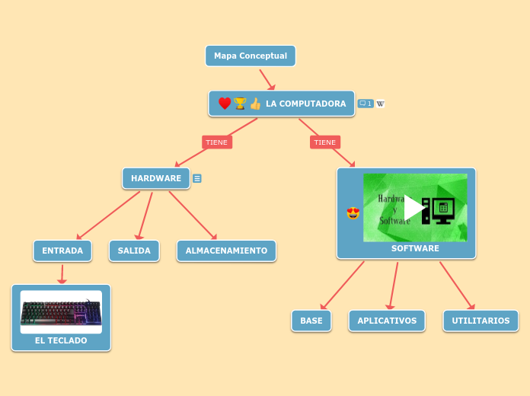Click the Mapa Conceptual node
pos(250,56)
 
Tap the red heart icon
pos(225,104)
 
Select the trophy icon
pos(241,104)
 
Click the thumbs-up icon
pos(255,104)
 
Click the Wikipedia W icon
pos(380,104)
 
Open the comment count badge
pos(366,104)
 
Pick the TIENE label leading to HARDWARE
pos(217,142)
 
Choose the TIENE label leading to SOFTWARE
pos(325,142)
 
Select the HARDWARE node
pos(156,178)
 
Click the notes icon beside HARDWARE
pos(197,178)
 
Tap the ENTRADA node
pos(62,251)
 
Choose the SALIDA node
pos(134,251)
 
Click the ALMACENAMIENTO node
pos(226,251)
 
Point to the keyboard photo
pos(61,311)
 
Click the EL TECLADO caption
pos(61,340)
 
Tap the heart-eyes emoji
pos(353,213)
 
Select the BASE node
pos(311,321)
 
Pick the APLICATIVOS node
pos(387,321)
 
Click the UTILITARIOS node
pos(481,321)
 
